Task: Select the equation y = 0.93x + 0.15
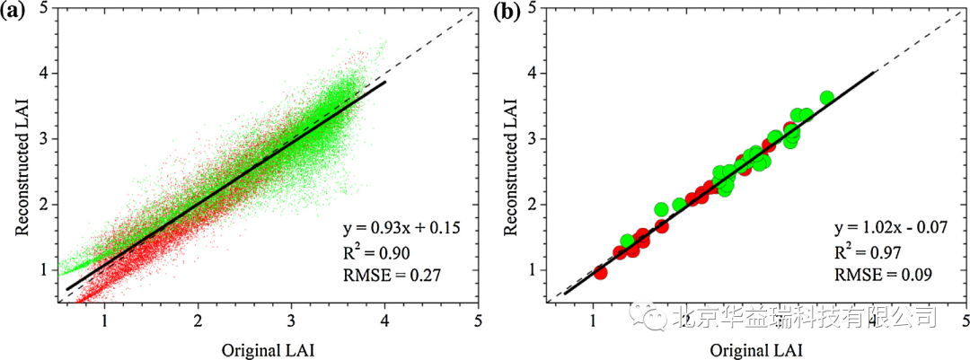[x=401, y=229]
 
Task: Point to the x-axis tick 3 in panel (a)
[x=292, y=320]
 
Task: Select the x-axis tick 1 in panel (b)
[x=593, y=320]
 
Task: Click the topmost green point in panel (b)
[x=826, y=98]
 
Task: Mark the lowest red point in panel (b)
[x=600, y=272]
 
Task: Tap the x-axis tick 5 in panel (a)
[x=479, y=320]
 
